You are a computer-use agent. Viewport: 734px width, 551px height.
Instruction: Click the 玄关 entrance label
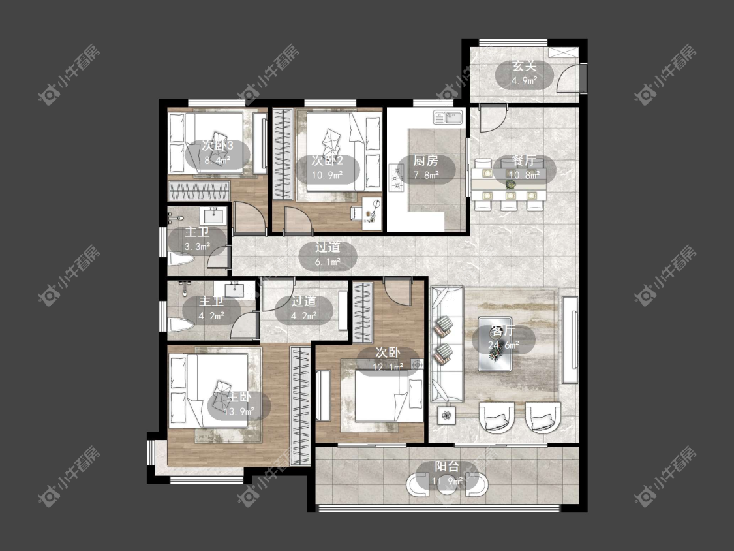[x=524, y=66]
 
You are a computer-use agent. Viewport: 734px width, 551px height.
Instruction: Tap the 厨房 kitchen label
[x=425, y=161]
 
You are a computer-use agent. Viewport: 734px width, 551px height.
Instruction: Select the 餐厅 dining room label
[x=524, y=161]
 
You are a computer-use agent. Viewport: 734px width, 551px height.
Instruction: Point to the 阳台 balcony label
[x=447, y=467]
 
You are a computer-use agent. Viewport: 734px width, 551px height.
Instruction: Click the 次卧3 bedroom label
[x=218, y=145]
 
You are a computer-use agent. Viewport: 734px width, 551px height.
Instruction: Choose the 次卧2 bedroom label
[x=328, y=161]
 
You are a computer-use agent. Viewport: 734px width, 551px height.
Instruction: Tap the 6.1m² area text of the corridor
[x=328, y=262]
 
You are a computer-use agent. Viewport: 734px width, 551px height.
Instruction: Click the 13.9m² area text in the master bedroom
[x=239, y=412]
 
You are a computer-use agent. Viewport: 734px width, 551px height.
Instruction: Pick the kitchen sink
[x=448, y=117]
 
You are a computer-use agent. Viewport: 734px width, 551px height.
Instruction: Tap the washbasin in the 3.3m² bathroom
[x=214, y=216]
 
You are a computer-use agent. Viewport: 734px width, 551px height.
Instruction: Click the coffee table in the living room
[x=495, y=344]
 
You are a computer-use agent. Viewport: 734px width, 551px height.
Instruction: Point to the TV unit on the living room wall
[x=570, y=339]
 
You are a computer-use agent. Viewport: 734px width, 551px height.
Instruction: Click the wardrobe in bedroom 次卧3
[x=199, y=192]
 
